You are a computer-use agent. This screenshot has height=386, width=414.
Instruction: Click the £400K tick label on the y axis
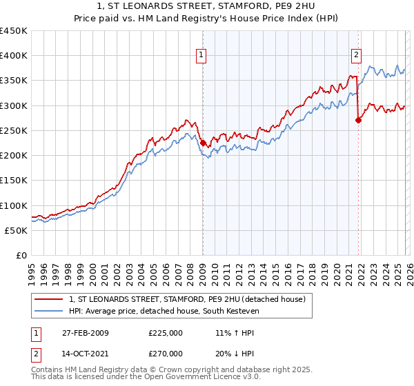[x=14, y=56]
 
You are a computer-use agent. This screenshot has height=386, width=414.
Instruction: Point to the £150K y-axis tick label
[x=14, y=181]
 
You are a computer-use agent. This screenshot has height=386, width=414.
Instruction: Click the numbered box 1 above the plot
[x=201, y=56]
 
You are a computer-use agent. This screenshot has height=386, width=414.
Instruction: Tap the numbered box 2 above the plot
[x=357, y=56]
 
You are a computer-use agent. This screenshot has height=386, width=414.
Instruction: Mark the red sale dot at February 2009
[x=203, y=143]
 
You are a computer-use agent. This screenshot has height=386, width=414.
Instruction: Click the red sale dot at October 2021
[x=357, y=121]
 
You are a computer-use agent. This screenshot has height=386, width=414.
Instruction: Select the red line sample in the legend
[x=48, y=298]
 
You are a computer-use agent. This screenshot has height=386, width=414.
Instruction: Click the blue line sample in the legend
[x=48, y=311]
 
